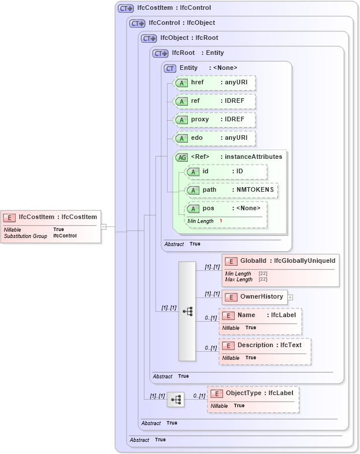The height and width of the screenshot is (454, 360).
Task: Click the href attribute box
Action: point(214,83)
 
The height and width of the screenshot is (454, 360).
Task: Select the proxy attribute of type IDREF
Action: point(214,120)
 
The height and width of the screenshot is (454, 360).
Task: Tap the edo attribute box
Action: point(214,138)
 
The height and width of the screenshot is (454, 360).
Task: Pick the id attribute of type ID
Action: point(226,172)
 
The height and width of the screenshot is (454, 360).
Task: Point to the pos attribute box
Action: point(226,208)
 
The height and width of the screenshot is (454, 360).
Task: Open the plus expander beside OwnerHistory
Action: point(290,297)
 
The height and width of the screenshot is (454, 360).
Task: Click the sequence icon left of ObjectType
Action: point(176,399)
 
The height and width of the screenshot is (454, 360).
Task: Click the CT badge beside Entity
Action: point(170,68)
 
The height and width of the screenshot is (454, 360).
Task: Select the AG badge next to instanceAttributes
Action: point(181,157)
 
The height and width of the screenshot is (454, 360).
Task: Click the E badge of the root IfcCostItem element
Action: point(9,217)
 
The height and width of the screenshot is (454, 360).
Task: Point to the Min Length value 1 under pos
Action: point(220,221)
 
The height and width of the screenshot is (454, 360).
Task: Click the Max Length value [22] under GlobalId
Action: point(262,280)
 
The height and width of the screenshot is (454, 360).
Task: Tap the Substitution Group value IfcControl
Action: point(65,236)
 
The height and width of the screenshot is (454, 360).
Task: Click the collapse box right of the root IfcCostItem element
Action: point(103,226)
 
